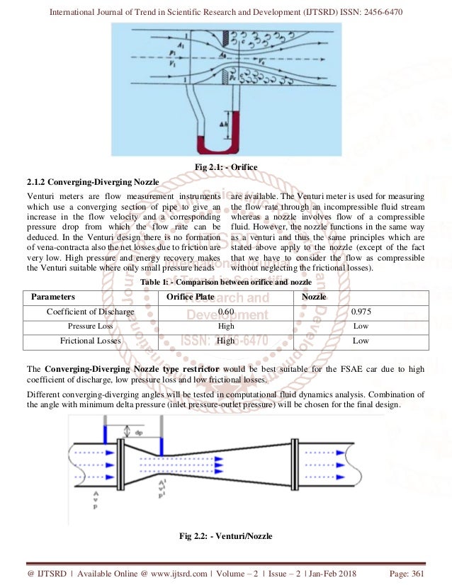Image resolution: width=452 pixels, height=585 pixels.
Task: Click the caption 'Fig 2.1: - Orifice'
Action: tap(225, 166)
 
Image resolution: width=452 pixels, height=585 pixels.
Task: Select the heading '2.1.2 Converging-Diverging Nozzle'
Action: tap(92, 182)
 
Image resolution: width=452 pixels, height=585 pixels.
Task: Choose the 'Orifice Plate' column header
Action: tap(189, 297)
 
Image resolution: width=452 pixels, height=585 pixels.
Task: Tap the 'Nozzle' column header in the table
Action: tap(314, 297)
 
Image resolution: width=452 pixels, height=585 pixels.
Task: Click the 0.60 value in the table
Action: tap(225, 312)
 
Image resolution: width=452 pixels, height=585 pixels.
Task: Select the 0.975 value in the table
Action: tap(361, 312)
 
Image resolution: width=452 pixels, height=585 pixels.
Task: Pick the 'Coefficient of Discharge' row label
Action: tap(90, 312)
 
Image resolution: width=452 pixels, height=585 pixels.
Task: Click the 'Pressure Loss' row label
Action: tap(90, 326)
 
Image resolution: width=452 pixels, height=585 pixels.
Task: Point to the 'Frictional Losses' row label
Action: tap(90, 341)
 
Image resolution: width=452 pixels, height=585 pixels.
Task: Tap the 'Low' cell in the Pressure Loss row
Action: tap(361, 326)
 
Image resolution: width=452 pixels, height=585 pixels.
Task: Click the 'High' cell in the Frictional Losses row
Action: tap(225, 341)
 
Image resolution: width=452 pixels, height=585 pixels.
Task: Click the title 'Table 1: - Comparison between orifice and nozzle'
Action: tap(225, 282)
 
